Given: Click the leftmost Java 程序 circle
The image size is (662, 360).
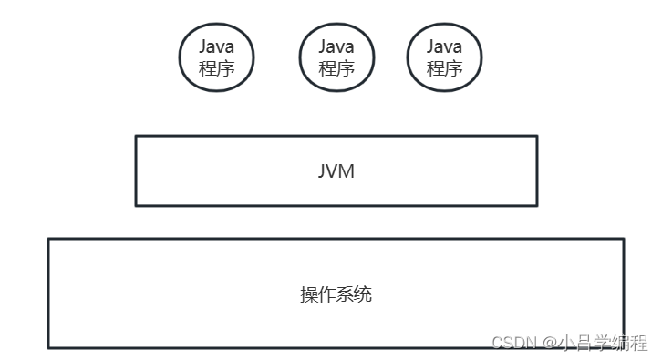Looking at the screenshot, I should [216, 57].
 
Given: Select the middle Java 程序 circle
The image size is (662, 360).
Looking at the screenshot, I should [336, 57].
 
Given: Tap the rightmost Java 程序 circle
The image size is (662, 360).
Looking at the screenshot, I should [444, 57].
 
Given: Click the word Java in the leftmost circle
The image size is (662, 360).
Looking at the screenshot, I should [216, 46].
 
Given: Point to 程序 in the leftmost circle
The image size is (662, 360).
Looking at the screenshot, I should [216, 68].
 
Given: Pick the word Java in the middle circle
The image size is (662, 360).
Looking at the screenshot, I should [336, 46].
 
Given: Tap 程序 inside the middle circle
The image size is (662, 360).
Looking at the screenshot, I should [336, 68].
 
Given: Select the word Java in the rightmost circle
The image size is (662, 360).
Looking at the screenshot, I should [444, 46].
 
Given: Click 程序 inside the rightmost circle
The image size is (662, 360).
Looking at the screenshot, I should [444, 68].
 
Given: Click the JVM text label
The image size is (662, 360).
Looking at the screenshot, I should [336, 170].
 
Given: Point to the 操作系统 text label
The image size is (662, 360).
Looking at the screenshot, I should [336, 294].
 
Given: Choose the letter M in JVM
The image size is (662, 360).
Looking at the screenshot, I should [347, 170].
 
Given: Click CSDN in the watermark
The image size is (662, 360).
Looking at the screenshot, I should [512, 342].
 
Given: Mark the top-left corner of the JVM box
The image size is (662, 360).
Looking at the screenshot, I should [136, 137].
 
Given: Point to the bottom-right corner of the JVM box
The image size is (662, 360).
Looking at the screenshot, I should [536, 205].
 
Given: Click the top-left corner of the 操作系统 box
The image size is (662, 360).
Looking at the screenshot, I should [48, 240].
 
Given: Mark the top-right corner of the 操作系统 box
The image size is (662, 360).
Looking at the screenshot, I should [624, 240].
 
